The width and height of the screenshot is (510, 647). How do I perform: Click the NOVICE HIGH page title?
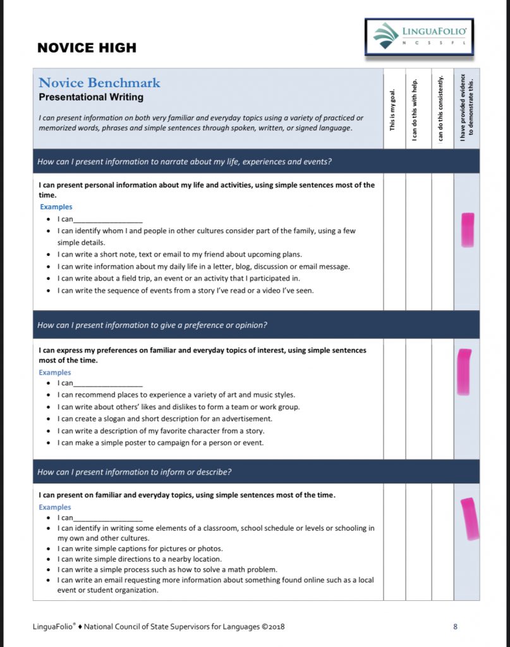[87, 48]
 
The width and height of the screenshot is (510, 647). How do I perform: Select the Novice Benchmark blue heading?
[99, 83]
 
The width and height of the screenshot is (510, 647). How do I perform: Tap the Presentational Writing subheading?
[91, 97]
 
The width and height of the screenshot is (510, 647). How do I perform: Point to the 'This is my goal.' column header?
[393, 109]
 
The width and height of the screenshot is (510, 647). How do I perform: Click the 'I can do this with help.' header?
[415, 109]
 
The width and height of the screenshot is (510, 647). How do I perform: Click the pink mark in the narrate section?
[468, 229]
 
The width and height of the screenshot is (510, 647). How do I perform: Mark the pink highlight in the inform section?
[469, 519]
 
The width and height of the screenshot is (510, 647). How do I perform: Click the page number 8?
[455, 627]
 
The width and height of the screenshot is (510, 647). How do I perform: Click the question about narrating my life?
[185, 162]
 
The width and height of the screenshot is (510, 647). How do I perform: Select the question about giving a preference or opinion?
[152, 325]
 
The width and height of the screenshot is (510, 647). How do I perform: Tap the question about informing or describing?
[134, 472]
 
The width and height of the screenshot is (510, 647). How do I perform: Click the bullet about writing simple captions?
[140, 548]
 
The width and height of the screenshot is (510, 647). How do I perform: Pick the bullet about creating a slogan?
[164, 418]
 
